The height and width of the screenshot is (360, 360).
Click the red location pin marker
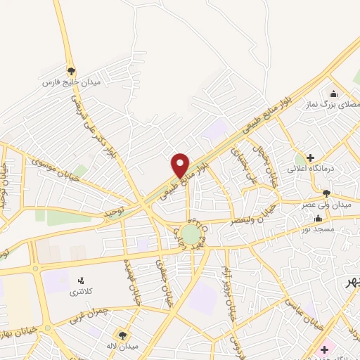181,165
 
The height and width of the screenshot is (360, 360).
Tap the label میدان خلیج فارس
71,82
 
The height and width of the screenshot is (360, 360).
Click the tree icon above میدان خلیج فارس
71,71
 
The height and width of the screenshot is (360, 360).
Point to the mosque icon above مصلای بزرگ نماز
333,94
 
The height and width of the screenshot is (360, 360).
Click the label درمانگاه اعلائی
309,169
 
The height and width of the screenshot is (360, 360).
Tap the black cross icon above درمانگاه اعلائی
309,158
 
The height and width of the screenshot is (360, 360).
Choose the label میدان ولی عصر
326,204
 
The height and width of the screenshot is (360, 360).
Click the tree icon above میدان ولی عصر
326,193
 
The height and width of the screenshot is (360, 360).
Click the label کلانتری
79,290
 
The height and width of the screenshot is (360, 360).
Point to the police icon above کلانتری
79,280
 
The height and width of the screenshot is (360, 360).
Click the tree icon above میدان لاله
123,335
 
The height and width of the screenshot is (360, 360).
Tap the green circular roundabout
190,233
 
